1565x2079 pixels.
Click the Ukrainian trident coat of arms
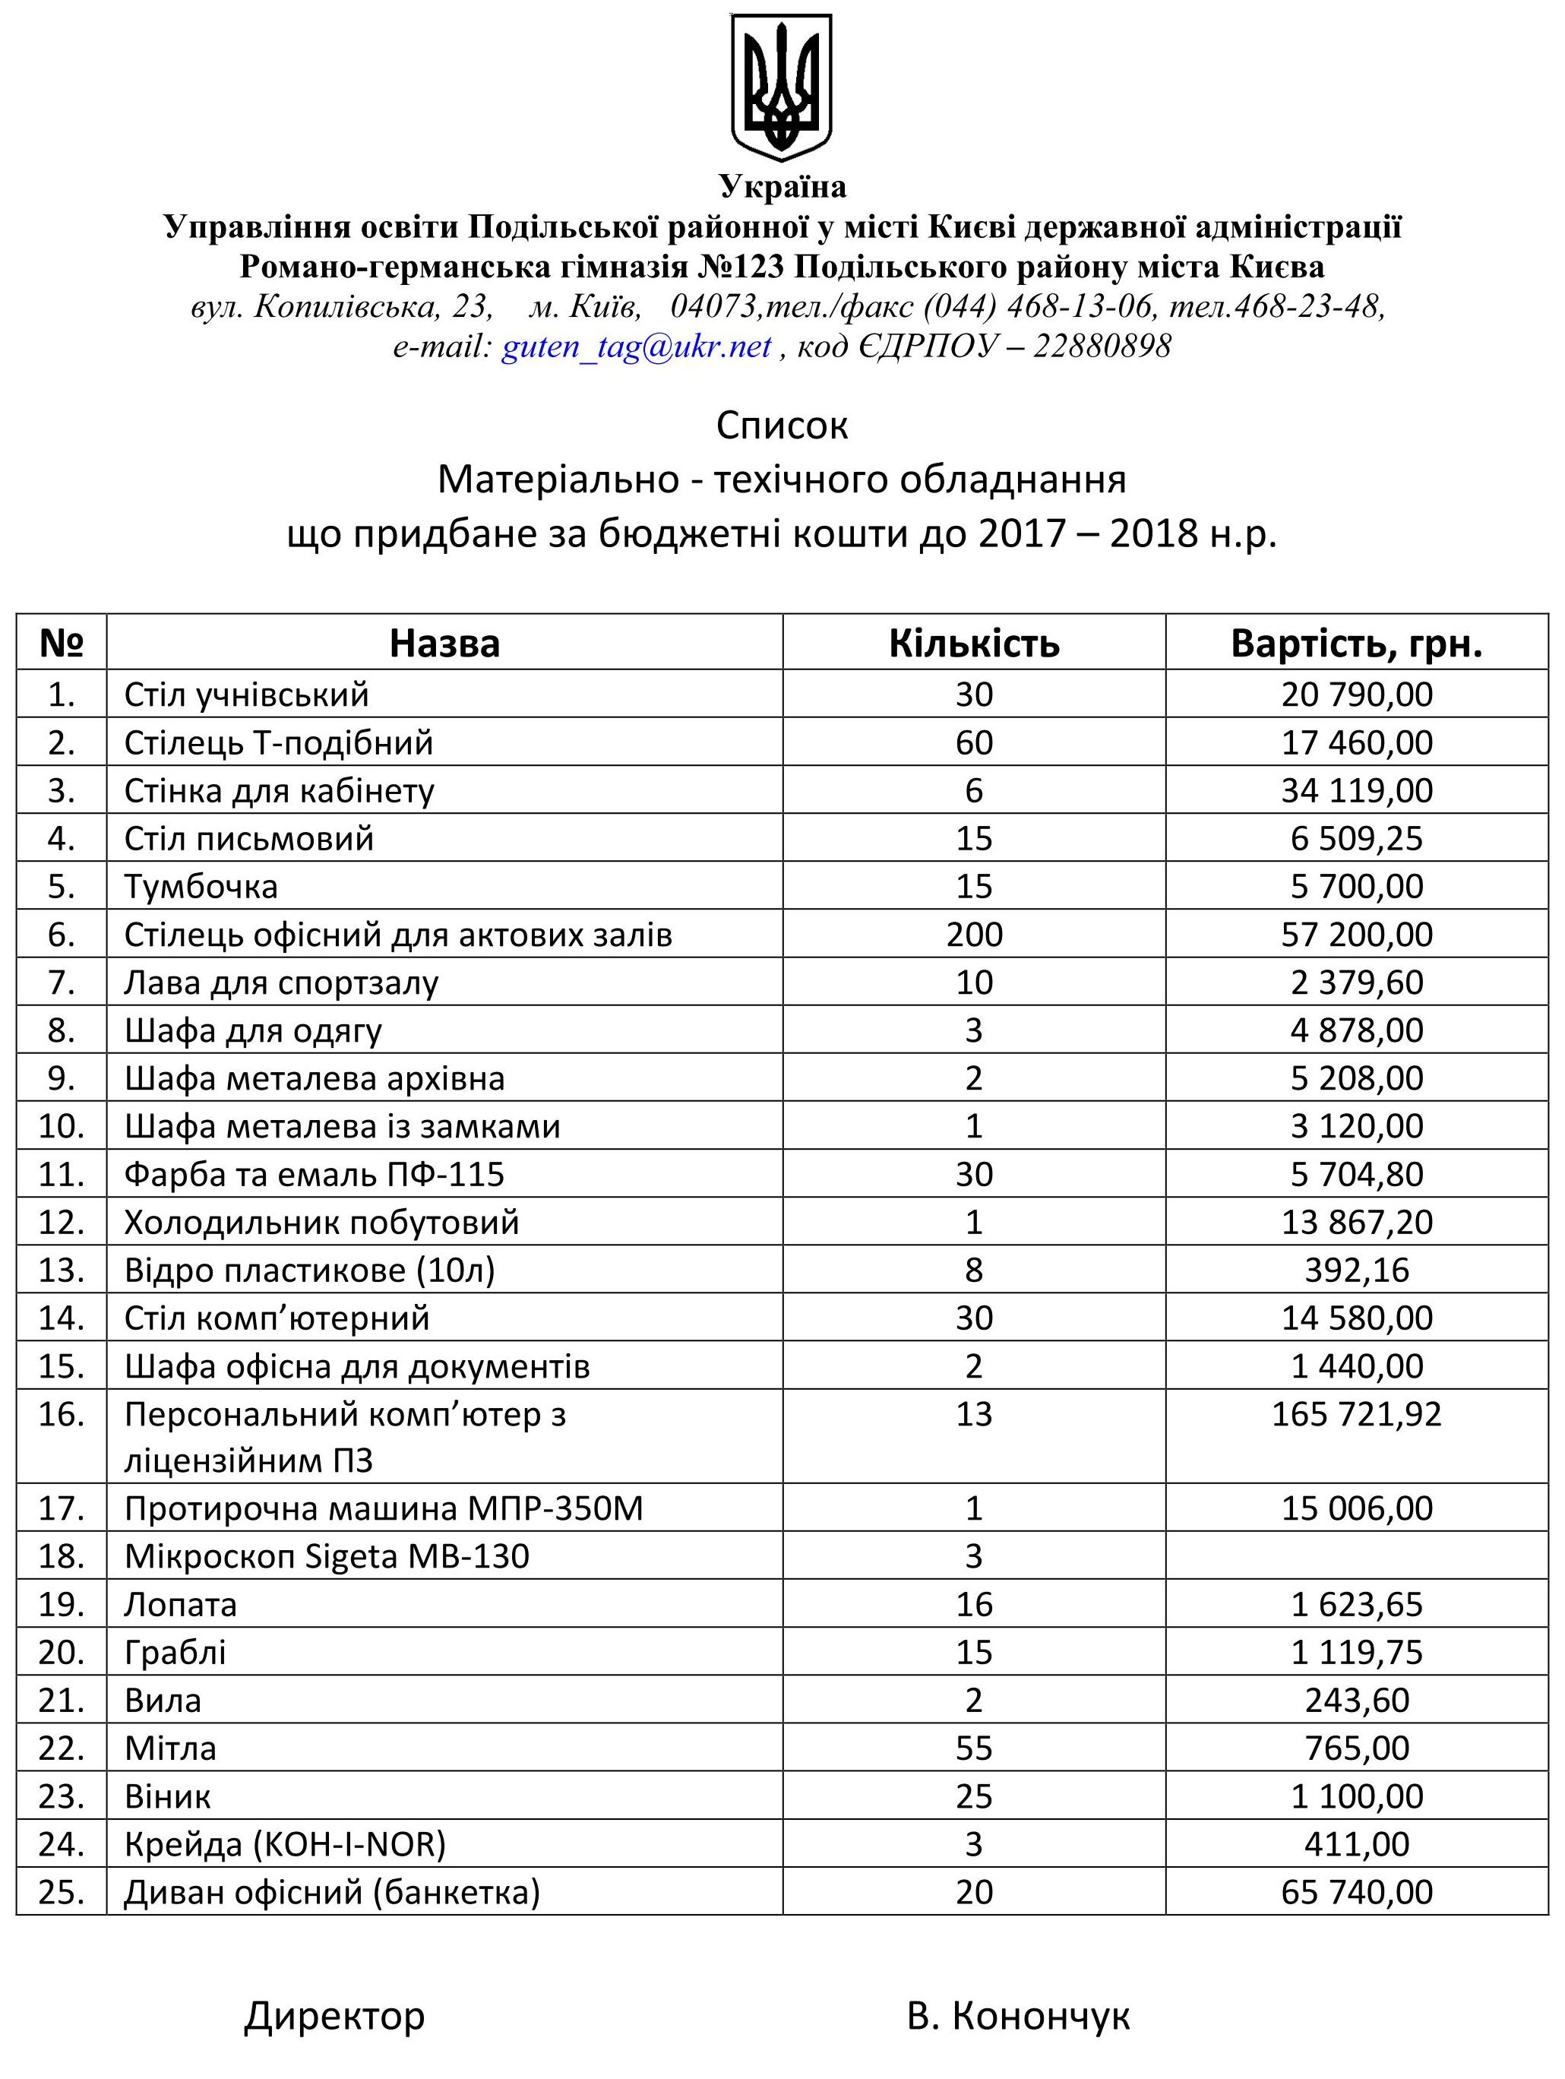(x=782, y=87)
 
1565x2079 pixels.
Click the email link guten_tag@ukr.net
(x=637, y=346)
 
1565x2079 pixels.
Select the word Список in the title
(x=782, y=426)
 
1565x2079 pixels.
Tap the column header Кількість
(x=974, y=644)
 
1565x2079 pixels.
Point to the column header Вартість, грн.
(x=1356, y=644)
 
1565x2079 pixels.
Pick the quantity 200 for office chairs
(x=974, y=934)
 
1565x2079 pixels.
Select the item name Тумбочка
(x=201, y=886)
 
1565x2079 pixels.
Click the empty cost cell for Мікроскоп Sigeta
(x=1356, y=1556)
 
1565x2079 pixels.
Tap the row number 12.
(x=61, y=1222)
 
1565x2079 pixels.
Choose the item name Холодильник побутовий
(x=321, y=1222)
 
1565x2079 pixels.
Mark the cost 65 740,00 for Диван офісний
(x=1356, y=1891)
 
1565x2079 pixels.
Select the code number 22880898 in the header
(x=1102, y=346)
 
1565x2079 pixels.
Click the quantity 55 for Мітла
(x=974, y=1748)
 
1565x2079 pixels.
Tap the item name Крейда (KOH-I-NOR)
(x=285, y=1844)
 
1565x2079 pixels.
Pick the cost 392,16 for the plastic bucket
(x=1356, y=1270)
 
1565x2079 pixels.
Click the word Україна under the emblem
(x=782, y=187)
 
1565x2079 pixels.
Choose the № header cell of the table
(x=61, y=644)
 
